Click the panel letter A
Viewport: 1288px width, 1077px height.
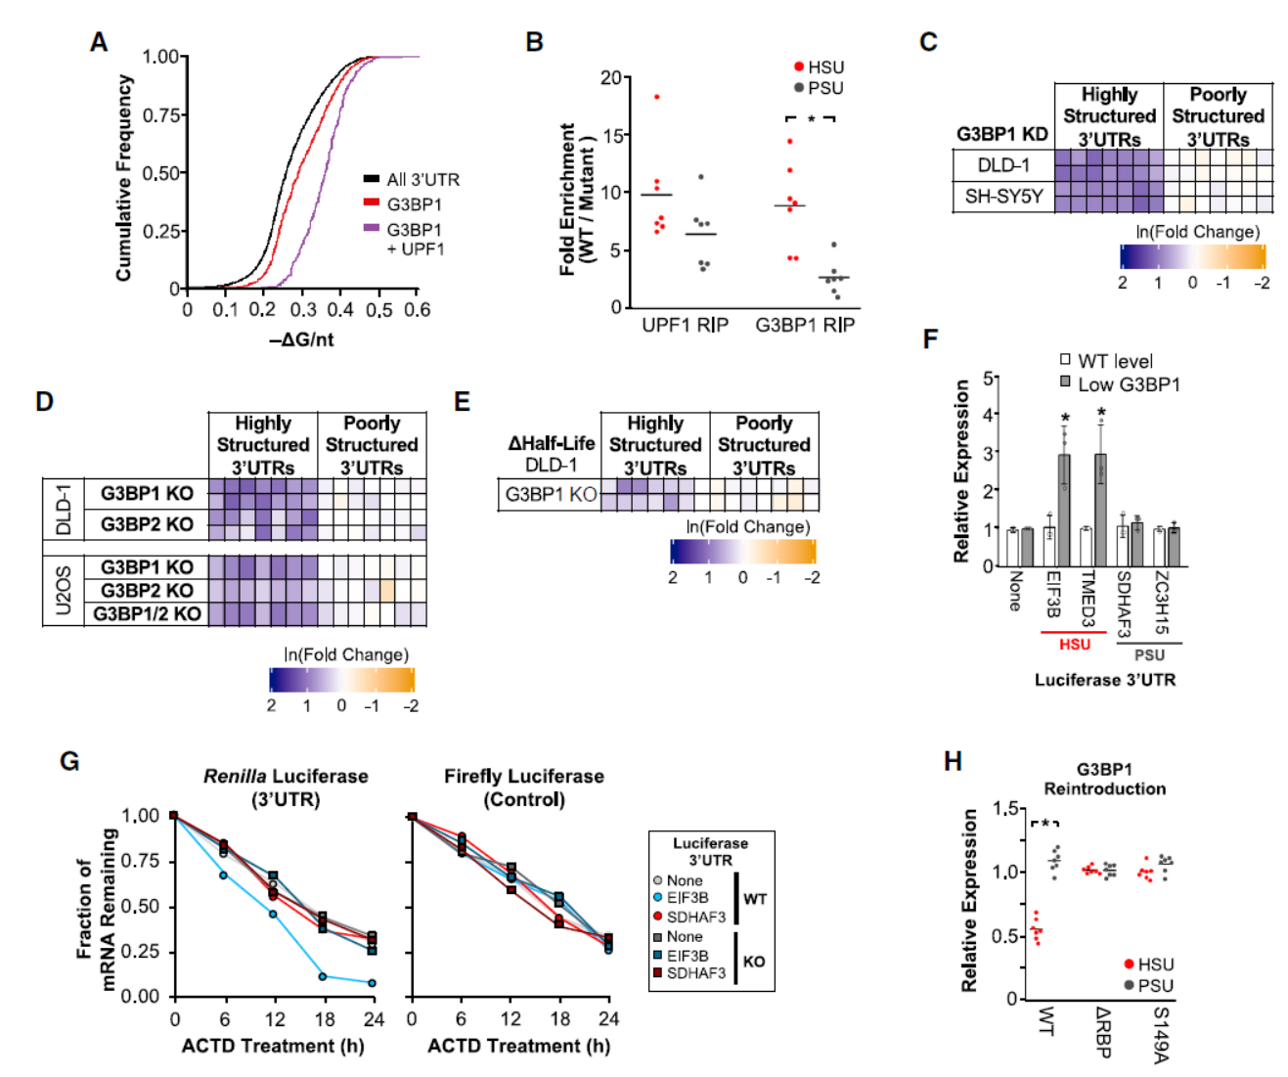pos(98,43)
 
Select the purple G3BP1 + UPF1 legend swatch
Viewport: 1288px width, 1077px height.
pos(372,228)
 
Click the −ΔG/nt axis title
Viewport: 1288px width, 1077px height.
pos(301,339)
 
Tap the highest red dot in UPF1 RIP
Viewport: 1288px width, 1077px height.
pos(657,97)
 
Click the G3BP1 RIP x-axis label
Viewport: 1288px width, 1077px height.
pos(805,325)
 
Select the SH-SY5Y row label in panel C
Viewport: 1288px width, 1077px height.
pos(1003,197)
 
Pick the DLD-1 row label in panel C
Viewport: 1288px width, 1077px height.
pos(1003,165)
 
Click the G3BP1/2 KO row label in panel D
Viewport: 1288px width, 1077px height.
pos(147,614)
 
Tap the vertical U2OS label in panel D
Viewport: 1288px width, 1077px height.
pos(64,591)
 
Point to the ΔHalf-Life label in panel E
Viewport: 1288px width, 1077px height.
pos(551,443)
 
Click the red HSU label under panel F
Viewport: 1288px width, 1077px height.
pos(1074,645)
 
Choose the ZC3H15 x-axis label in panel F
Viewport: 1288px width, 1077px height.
pos(1161,603)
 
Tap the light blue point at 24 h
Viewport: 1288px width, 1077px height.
pos(372,982)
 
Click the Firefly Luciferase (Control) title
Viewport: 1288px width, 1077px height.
pos(524,787)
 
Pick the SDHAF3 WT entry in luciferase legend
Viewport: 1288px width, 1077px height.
pos(695,918)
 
